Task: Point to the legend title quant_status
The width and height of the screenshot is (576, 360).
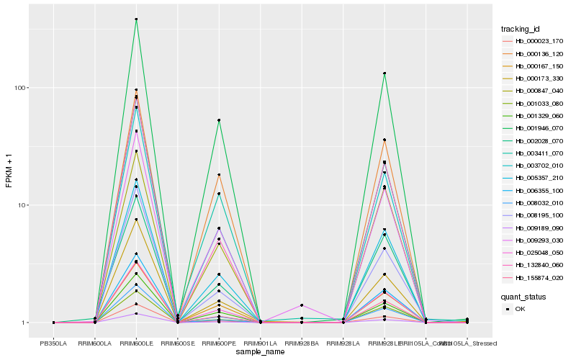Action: (x=523, y=296)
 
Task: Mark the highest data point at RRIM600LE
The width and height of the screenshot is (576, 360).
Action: (x=136, y=19)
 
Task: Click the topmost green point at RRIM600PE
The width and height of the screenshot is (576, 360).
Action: (x=219, y=120)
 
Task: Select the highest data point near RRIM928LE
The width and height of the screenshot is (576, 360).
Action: (x=384, y=73)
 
